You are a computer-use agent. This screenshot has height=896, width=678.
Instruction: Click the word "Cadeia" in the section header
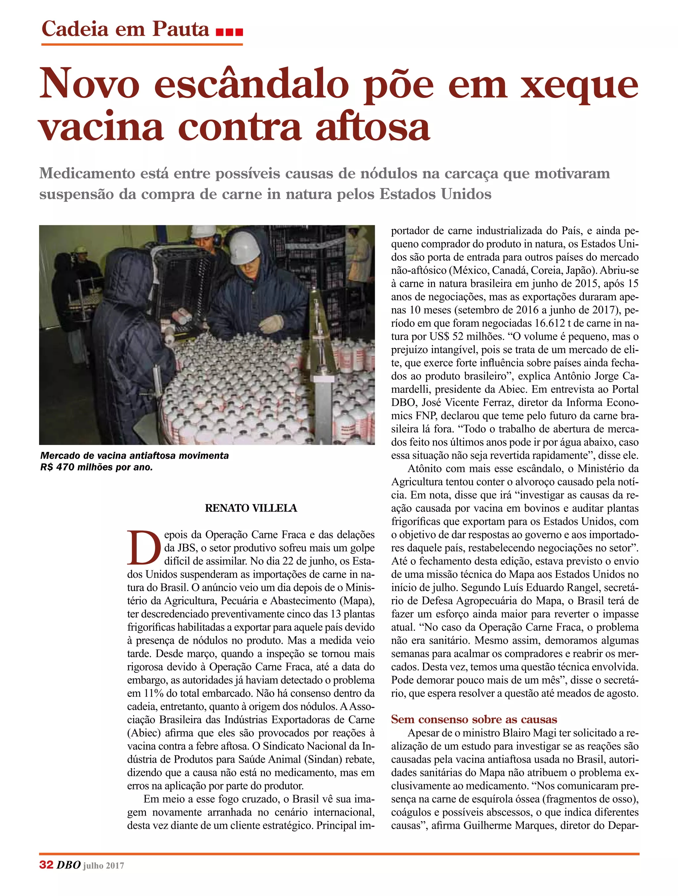pyautogui.click(x=75, y=29)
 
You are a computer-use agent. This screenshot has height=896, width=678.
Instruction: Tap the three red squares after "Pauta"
pyautogui.click(x=229, y=32)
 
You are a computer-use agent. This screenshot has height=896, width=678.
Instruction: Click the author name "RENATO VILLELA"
pyautogui.click(x=251, y=508)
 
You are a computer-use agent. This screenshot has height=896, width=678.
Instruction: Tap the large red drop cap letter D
pyautogui.click(x=144, y=548)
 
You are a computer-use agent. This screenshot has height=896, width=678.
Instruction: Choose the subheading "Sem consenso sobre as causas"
pyautogui.click(x=474, y=719)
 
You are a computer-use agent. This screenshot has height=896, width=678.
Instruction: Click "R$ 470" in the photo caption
pyautogui.click(x=58, y=467)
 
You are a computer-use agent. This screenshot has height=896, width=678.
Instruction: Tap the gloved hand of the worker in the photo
pyautogui.click(x=271, y=324)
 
